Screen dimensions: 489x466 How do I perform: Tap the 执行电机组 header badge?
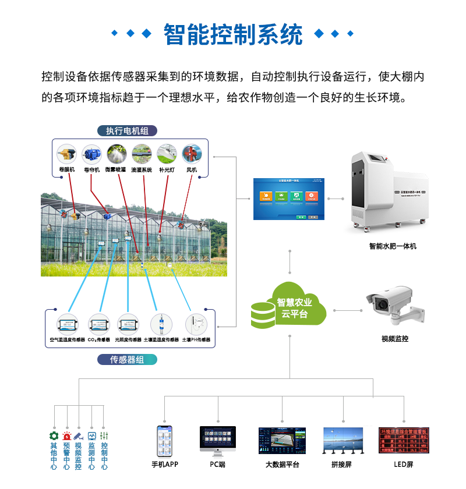click(127, 130)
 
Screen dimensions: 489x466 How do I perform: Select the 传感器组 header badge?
click(127, 359)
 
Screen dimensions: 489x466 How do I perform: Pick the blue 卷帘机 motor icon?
click(91, 154)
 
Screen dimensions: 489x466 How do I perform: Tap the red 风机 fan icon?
click(192, 154)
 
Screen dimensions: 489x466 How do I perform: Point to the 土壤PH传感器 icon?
click(196, 324)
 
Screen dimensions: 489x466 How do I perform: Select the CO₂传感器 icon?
click(98, 324)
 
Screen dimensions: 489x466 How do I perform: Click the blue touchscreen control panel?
click(288, 199)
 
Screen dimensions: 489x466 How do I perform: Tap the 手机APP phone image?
click(165, 441)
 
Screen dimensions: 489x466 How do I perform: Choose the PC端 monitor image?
click(218, 440)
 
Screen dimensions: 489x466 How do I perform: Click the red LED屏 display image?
click(403, 441)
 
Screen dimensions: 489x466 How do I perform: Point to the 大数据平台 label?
click(283, 465)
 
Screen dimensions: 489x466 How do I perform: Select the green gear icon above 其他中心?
click(54, 435)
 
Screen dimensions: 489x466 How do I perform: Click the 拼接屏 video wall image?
click(343, 441)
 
